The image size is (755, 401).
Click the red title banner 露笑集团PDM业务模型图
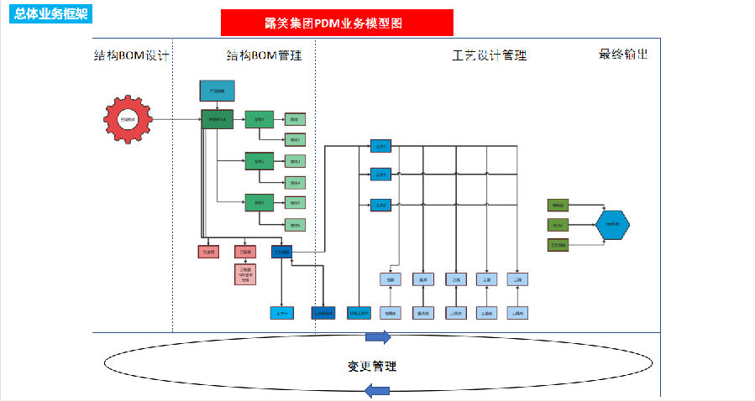coord(337,23)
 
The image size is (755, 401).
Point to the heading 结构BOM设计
coord(132,56)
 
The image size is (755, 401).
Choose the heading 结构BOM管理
coord(265,56)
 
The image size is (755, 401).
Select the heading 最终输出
coord(623,55)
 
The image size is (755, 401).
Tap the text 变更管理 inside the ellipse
coord(372,367)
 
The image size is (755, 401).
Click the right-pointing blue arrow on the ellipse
coord(378,337)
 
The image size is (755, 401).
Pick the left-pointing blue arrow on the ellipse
coord(378,390)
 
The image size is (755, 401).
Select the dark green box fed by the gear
coord(217,119)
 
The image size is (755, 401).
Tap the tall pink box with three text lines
coord(245,274)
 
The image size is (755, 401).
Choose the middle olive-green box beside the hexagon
coord(558,225)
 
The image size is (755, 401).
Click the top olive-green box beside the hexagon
coord(558,205)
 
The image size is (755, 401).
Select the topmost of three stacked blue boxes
coord(381,147)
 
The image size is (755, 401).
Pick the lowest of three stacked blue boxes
coord(381,205)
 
